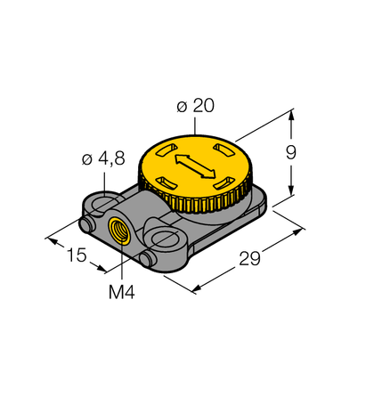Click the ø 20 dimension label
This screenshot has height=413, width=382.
195,106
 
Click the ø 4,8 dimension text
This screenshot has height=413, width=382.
102,159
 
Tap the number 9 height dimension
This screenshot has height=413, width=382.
290,152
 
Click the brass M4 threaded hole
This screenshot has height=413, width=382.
117,233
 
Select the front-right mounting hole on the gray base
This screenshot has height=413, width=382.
167,238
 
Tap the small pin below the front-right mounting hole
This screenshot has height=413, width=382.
147,257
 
